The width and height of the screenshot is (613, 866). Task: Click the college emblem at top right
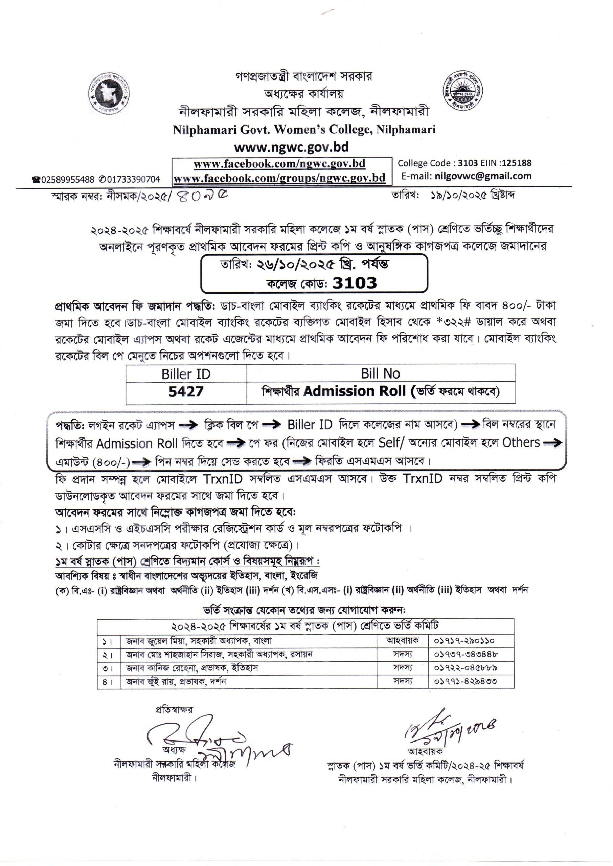tap(463, 91)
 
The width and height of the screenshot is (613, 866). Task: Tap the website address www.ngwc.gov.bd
tap(291, 147)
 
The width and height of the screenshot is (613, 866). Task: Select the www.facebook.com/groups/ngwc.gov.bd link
tap(279, 177)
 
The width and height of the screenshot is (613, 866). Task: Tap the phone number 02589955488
tap(68, 180)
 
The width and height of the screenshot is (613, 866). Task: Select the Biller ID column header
tap(186, 374)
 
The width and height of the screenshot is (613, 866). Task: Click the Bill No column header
tap(380, 373)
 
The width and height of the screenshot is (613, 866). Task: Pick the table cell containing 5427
tap(186, 392)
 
